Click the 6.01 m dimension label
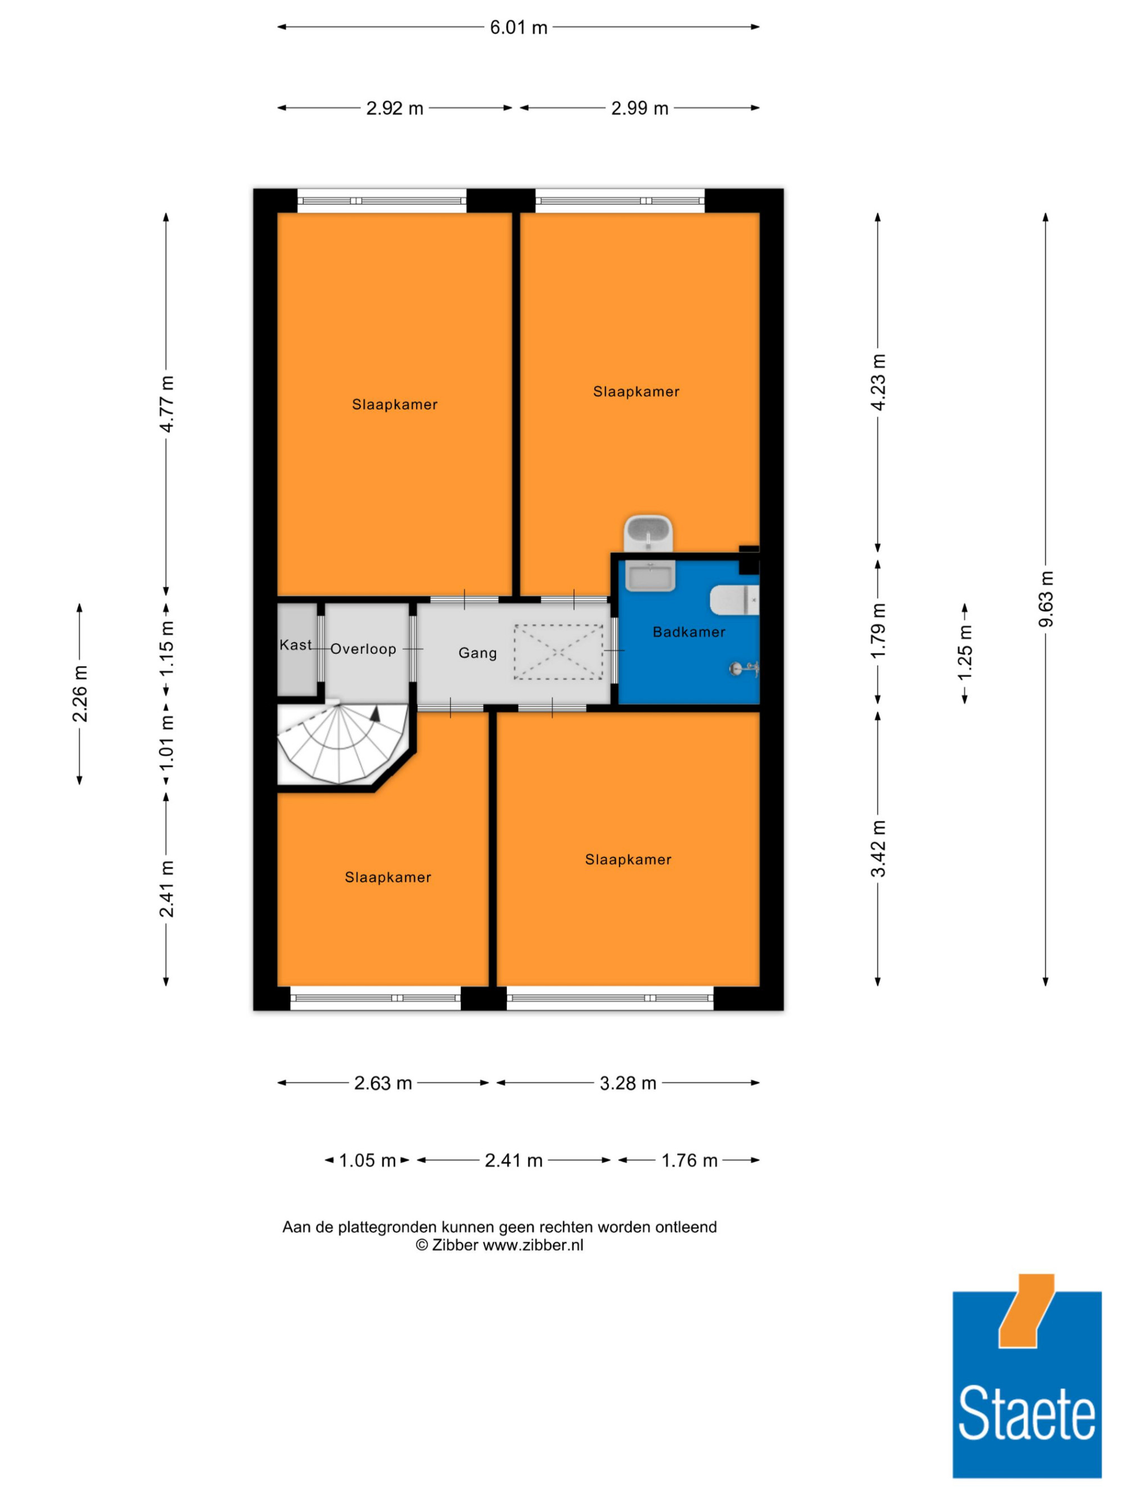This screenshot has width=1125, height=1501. (x=518, y=27)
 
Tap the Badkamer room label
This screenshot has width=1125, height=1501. (x=688, y=632)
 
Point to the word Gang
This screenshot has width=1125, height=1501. (x=478, y=653)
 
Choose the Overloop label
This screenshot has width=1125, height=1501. (x=363, y=649)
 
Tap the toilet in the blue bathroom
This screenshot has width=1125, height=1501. (x=733, y=600)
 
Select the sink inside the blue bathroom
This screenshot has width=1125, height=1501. (x=650, y=576)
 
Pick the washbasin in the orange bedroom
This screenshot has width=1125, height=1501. (x=649, y=534)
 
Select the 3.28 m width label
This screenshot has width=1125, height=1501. (x=628, y=1083)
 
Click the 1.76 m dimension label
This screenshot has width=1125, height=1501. (x=689, y=1161)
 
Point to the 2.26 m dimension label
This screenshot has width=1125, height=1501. (x=80, y=693)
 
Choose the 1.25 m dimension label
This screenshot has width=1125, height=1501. (x=964, y=651)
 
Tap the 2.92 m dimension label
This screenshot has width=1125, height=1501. (x=395, y=108)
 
